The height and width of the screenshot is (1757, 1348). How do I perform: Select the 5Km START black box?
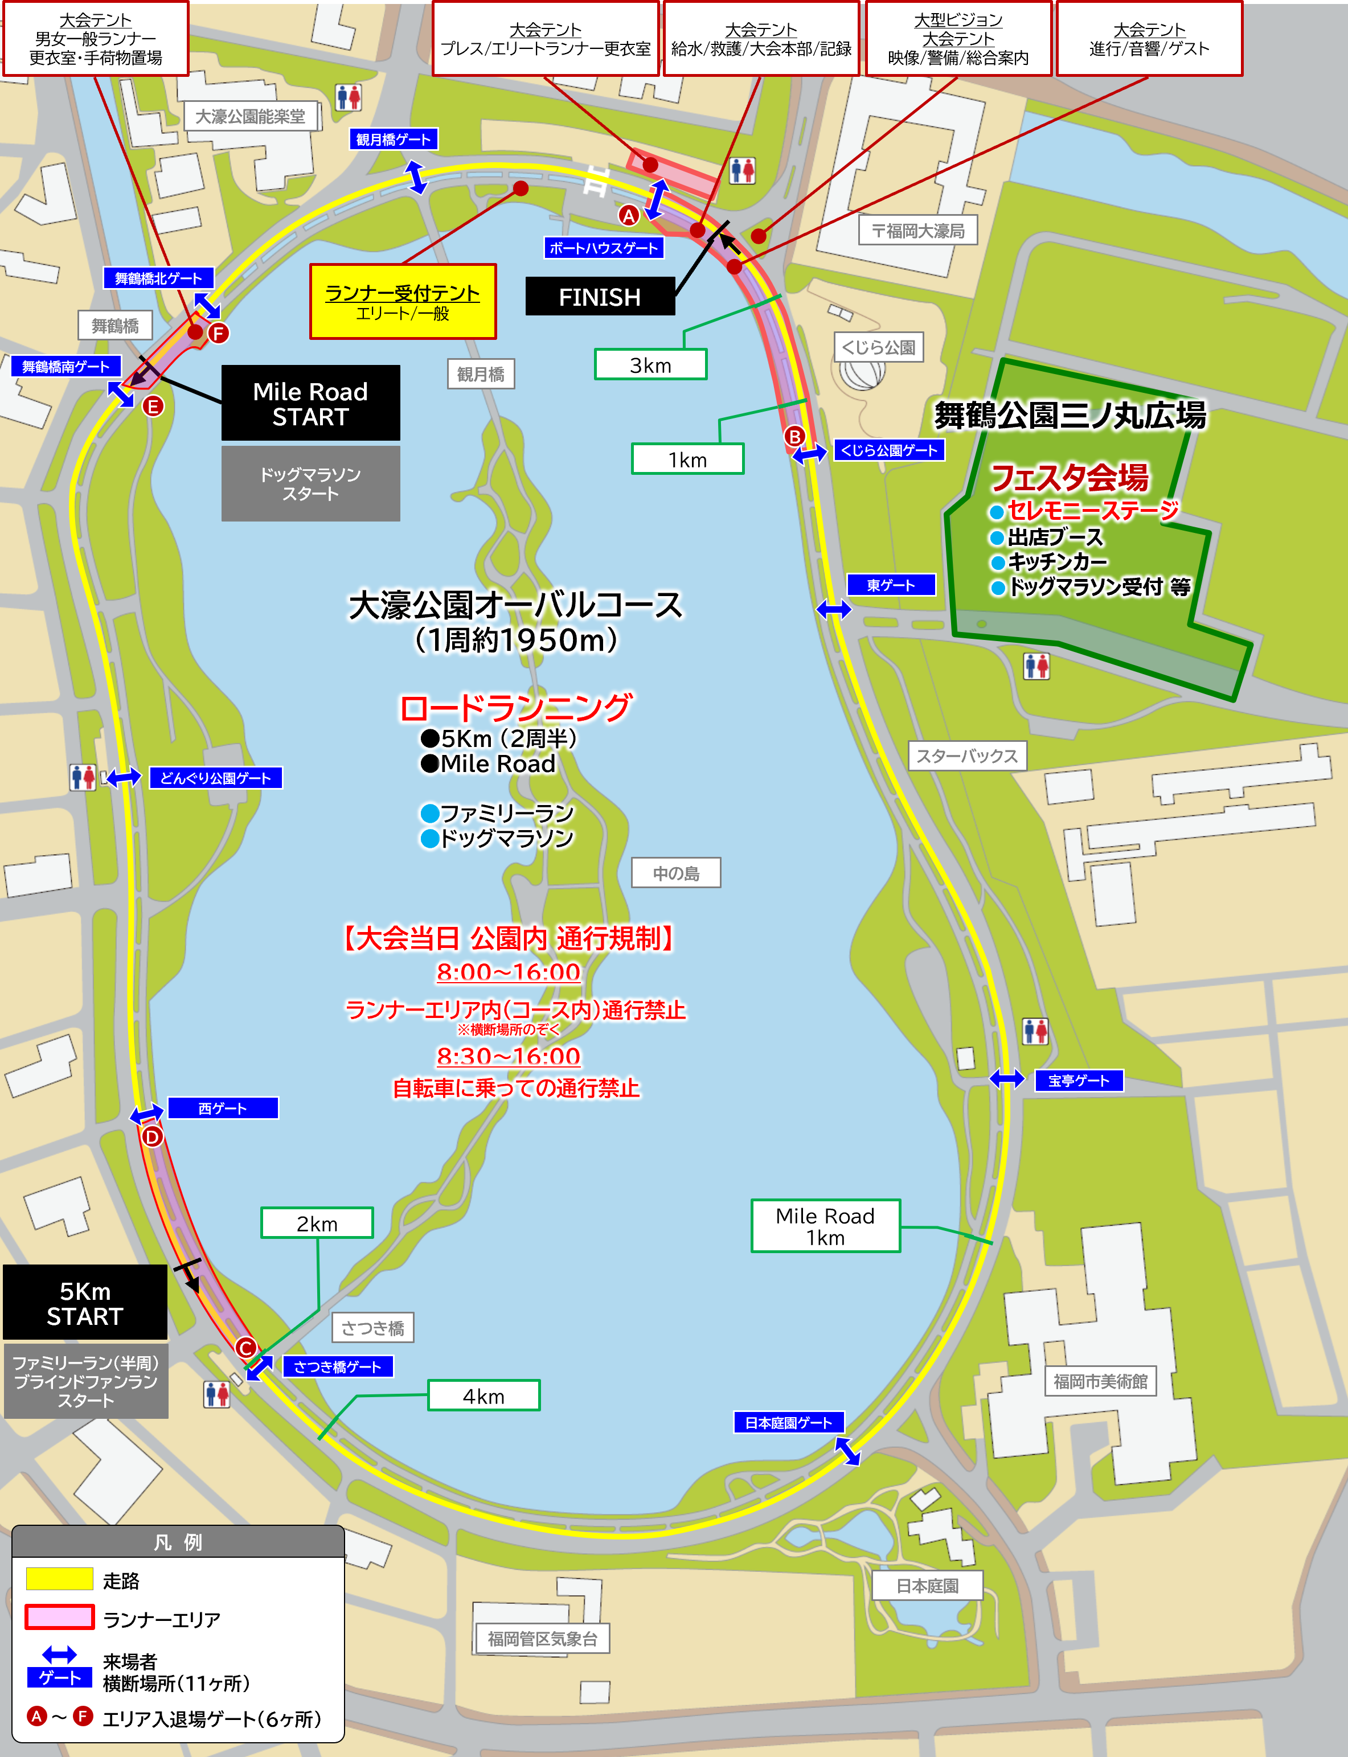[85, 1303]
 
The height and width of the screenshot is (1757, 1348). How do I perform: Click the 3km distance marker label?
[650, 365]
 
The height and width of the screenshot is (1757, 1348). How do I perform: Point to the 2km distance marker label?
[317, 1224]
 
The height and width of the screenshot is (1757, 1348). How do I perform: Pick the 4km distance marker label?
[484, 1396]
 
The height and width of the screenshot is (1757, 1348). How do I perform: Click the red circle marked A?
[628, 215]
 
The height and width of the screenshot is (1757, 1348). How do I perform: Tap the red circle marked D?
[151, 1137]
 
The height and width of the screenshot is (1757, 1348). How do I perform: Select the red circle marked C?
[247, 1348]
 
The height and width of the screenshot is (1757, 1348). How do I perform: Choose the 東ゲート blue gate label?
[891, 585]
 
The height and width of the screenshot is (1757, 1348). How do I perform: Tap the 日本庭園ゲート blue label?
[789, 1422]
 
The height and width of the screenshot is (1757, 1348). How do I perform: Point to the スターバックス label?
[967, 756]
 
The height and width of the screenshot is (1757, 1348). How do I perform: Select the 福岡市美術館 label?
[1100, 1381]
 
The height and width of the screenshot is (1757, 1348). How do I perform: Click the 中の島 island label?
[675, 873]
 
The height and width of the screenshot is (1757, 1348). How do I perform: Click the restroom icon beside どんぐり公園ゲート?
[83, 777]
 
